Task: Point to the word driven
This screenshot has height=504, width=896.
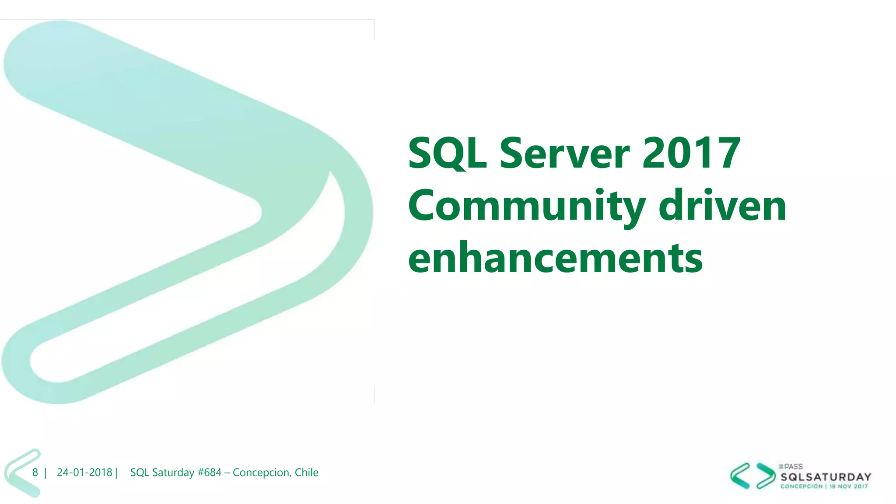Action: [722, 206]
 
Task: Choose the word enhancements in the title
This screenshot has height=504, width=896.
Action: [555, 258]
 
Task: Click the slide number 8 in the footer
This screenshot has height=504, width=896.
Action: [35, 472]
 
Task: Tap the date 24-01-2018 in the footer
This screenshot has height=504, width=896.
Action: [84, 472]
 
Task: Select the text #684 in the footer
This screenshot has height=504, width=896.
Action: [209, 472]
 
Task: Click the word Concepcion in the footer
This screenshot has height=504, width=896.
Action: [261, 472]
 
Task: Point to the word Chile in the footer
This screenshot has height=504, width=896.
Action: [306, 472]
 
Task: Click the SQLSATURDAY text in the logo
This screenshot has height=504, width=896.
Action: [826, 477]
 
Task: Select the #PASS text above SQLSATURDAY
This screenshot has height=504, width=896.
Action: [791, 467]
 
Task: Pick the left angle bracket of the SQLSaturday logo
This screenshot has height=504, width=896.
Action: [740, 476]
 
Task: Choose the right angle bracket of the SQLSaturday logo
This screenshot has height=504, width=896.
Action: [766, 476]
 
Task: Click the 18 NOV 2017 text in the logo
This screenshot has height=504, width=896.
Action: [849, 486]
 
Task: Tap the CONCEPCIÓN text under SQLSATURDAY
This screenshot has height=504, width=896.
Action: [801, 486]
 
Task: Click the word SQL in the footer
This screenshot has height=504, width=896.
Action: [140, 472]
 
